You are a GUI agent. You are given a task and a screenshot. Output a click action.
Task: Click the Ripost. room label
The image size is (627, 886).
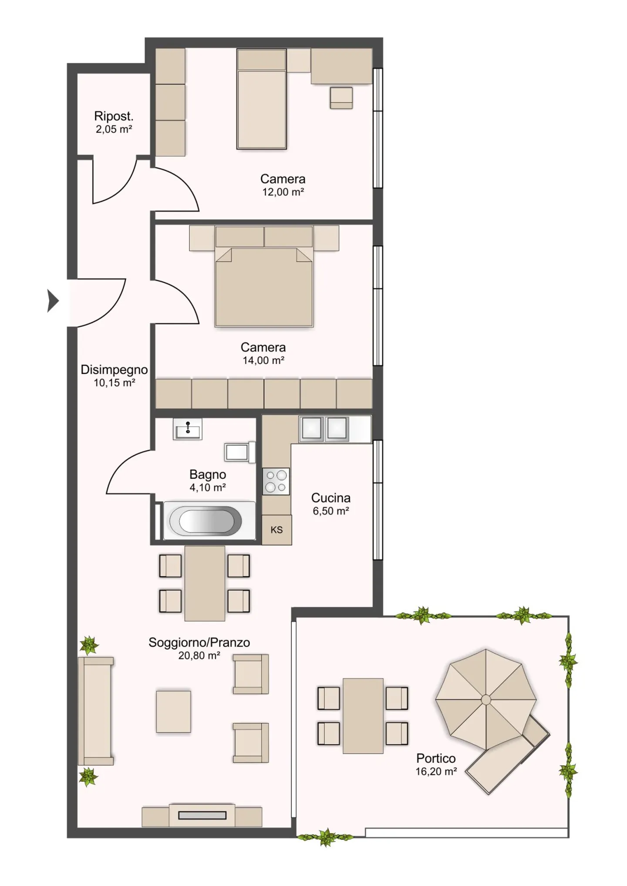coord(114,117)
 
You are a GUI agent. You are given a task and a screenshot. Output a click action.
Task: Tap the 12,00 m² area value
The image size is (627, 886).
coord(283,192)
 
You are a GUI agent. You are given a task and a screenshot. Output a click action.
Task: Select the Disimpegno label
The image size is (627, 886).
coord(114,370)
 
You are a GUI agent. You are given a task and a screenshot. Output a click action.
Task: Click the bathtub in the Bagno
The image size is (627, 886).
coord(209,521)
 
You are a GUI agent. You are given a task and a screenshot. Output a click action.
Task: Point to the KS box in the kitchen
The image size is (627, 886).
coord(276,530)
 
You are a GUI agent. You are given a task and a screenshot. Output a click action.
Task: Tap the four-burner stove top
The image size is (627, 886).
coord(276,481)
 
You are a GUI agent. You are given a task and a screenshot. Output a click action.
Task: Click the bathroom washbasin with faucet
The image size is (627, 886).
coord(188,429)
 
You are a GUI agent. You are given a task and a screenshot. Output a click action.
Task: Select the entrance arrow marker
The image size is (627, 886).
coord(53,301)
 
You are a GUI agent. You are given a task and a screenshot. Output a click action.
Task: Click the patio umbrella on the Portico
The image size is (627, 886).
coord(485,699)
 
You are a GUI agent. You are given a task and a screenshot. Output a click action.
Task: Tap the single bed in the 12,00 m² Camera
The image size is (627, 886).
coord(262,99)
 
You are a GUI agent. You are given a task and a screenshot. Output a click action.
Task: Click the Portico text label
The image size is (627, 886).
coord(436,758)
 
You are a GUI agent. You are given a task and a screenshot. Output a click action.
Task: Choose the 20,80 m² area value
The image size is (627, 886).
coord(199,655)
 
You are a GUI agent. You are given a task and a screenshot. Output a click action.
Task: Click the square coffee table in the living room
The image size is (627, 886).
coord(173,712)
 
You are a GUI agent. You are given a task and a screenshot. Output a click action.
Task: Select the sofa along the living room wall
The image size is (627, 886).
coord(96,711)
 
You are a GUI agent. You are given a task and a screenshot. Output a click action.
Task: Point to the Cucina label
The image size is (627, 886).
coord(330,498)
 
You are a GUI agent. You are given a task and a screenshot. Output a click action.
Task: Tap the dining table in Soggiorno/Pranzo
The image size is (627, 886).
coord(205,583)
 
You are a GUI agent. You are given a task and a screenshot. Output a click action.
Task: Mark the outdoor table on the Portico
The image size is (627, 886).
coord(363,716)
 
